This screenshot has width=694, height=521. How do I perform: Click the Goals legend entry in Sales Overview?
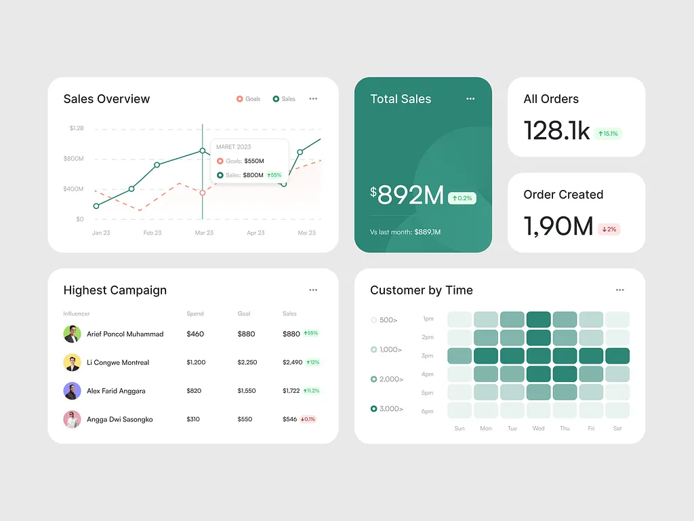point(249,99)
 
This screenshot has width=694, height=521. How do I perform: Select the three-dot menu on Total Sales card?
point(470,99)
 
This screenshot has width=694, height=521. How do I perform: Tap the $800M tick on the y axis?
point(73,159)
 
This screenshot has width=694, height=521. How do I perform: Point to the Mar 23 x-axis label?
point(204,233)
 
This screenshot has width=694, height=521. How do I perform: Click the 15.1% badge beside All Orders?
point(608,134)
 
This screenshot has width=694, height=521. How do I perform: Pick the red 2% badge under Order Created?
point(609,229)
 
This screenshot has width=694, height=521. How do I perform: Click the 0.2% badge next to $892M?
point(462,199)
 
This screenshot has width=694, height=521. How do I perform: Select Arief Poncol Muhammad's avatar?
point(72,334)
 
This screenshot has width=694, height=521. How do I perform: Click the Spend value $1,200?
point(196,362)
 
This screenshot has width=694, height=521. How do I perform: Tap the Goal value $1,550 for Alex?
point(247,391)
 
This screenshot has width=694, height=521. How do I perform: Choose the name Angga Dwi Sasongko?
point(120,419)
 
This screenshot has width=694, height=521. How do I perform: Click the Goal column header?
point(244,314)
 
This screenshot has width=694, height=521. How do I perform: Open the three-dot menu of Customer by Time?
point(619,290)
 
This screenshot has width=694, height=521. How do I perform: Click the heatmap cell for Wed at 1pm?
point(538,320)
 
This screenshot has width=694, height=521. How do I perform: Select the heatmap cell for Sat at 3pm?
point(617,355)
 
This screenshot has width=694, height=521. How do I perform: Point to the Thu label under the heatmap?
point(565,429)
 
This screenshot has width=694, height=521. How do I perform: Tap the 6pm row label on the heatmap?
point(428,411)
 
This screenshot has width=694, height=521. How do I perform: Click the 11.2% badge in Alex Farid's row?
point(311,391)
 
